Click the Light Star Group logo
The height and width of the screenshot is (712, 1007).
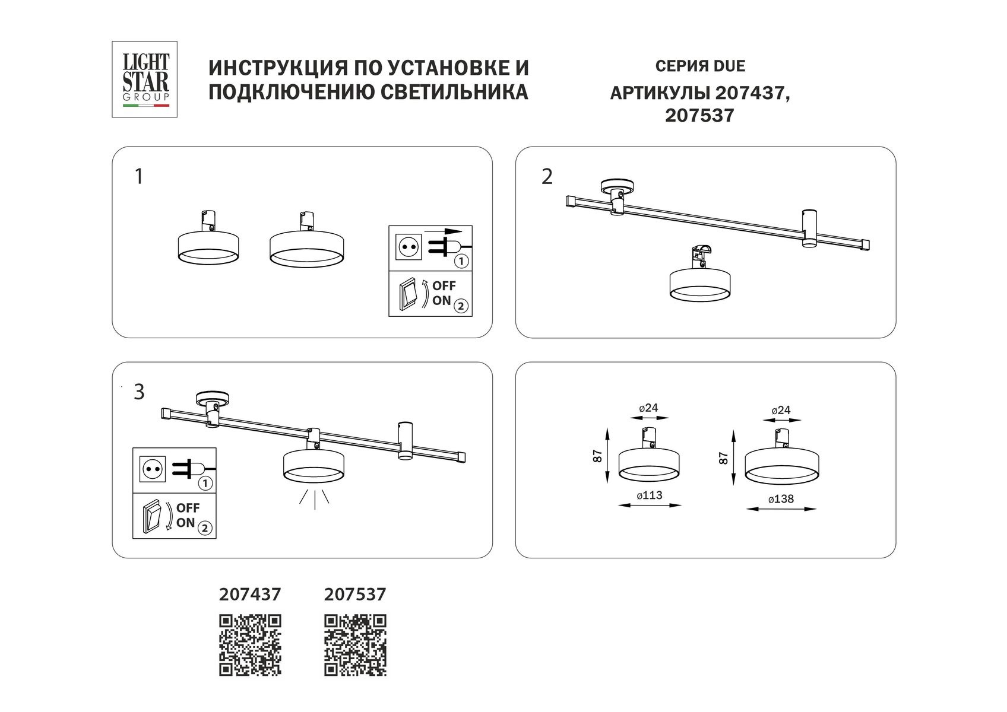(x=145, y=79)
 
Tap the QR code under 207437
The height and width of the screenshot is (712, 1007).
(x=250, y=646)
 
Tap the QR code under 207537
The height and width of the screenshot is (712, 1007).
(x=355, y=646)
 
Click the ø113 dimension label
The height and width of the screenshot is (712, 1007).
(x=650, y=495)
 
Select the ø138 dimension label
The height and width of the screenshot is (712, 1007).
(x=781, y=499)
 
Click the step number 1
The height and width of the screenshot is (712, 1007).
(x=139, y=177)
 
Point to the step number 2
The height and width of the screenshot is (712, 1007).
(x=547, y=177)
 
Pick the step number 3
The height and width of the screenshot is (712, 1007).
(x=139, y=392)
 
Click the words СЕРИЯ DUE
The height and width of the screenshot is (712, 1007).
(x=700, y=66)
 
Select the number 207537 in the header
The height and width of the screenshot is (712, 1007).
(x=699, y=115)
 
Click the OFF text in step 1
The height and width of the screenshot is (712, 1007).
(x=444, y=285)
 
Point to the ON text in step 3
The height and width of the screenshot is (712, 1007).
(x=185, y=523)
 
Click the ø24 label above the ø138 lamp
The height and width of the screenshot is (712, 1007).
(x=781, y=410)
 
